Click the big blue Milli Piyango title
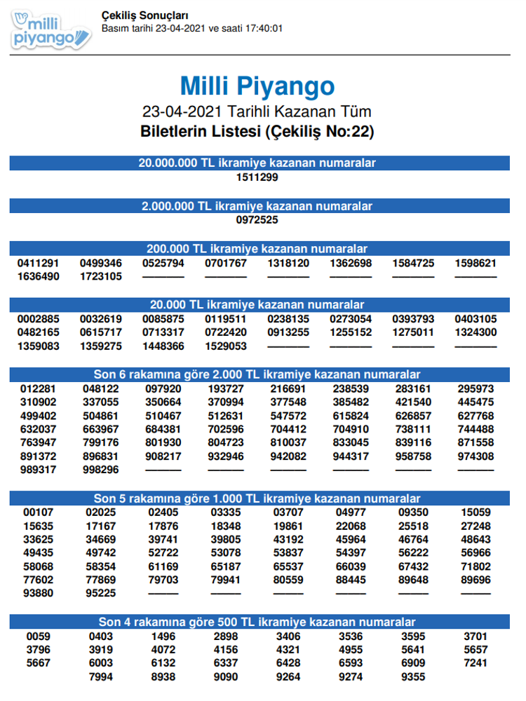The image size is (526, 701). [x=257, y=86]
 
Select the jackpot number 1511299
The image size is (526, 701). [x=257, y=177]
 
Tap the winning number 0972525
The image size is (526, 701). [x=257, y=220]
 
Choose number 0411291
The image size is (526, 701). [x=39, y=264]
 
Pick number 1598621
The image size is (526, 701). [x=476, y=264]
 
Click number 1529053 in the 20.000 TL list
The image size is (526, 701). [x=226, y=346]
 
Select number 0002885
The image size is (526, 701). [x=39, y=319]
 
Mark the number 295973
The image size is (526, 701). [x=476, y=388]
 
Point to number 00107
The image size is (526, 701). [x=39, y=512]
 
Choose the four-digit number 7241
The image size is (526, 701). [x=476, y=662]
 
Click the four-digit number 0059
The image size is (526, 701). [x=39, y=637]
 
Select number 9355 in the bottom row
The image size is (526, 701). [x=413, y=676]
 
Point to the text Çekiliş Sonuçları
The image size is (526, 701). [x=144, y=15]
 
